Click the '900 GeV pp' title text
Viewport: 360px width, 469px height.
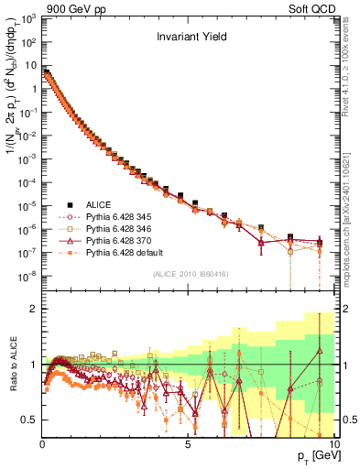[69, 8]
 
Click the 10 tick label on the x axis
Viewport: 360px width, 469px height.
[332, 442]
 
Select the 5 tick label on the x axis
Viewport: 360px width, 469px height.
[188, 442]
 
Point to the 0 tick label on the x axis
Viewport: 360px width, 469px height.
[42, 442]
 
